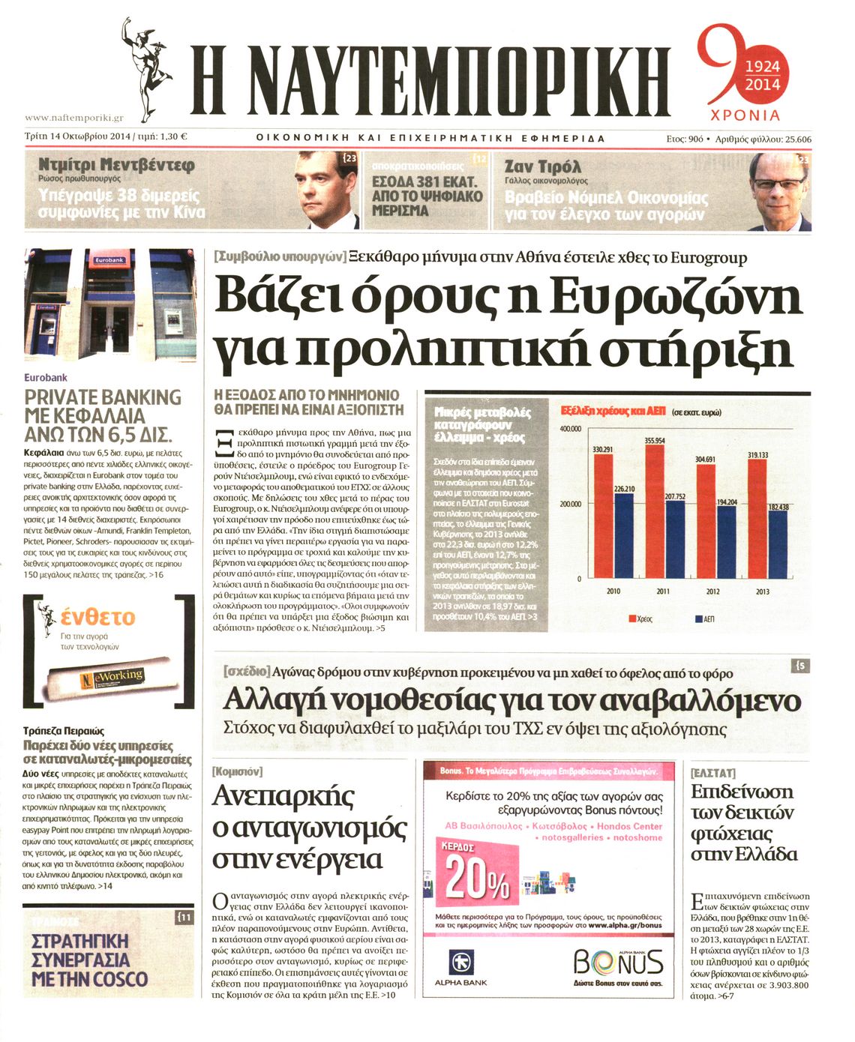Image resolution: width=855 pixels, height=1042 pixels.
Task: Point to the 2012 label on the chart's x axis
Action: [x=712, y=591]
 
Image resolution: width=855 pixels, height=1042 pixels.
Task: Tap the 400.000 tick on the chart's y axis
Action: [x=570, y=428]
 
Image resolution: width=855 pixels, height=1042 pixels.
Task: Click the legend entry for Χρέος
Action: [x=639, y=619]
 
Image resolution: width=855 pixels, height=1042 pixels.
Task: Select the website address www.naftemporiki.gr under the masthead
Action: [x=73, y=118]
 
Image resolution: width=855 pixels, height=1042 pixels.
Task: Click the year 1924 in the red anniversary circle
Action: [x=763, y=67]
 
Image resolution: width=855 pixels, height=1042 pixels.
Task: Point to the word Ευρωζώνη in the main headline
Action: [x=675, y=297]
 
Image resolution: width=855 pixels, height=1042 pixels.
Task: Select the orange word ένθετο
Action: [x=97, y=617]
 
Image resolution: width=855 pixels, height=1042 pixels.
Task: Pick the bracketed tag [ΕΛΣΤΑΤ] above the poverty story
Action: [x=712, y=771]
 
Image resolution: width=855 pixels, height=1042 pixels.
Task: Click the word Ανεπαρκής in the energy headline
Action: [x=284, y=796]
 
